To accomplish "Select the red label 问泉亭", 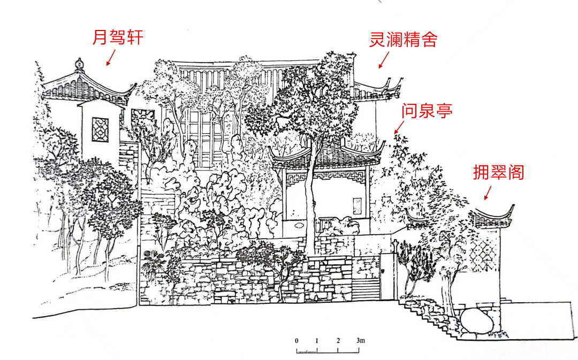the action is coord(427,111).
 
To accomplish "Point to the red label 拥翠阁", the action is coord(498,172).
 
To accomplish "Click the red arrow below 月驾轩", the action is coord(111,57).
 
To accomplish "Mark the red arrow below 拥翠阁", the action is coord(488,193).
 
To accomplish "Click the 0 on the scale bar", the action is coord(296,341).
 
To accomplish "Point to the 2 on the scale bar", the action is coord(338,341).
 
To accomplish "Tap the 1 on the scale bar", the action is coord(317,341).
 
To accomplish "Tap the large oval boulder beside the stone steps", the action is coord(476,321).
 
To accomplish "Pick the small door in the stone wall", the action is coord(387,275).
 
